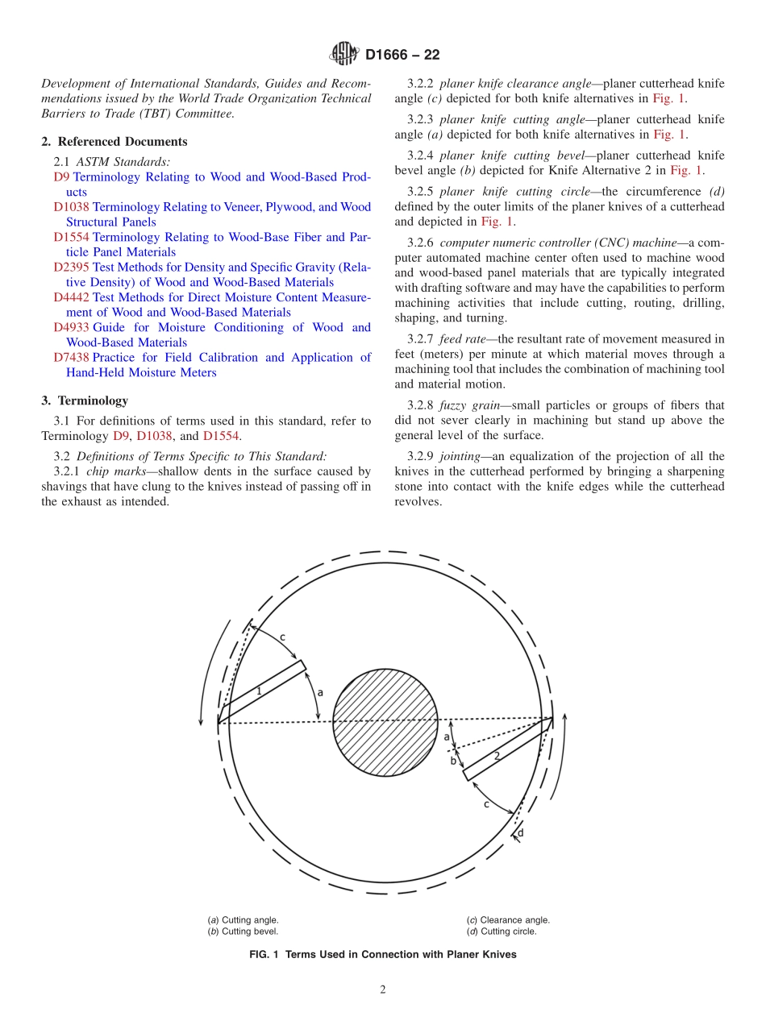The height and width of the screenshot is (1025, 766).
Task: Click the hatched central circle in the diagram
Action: pyautogui.click(x=385, y=722)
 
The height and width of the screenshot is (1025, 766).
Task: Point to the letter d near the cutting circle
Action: pyautogui.click(x=520, y=832)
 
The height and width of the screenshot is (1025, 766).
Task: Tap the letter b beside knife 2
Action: pyautogui.click(x=453, y=761)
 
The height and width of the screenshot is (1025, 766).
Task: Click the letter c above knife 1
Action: pyautogui.click(x=282, y=637)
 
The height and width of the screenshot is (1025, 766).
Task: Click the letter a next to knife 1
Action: pyautogui.click(x=320, y=692)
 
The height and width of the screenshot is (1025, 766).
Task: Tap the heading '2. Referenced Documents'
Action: pyautogui.click(x=114, y=142)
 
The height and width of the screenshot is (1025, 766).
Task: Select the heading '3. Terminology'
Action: pyautogui.click(x=85, y=400)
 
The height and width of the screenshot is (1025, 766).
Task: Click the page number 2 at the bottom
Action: pyautogui.click(x=383, y=990)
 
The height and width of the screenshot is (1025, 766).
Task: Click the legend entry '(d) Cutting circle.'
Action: pyautogui.click(x=501, y=932)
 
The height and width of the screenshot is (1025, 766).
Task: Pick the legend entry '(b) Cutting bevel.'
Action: pyautogui.click(x=244, y=932)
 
